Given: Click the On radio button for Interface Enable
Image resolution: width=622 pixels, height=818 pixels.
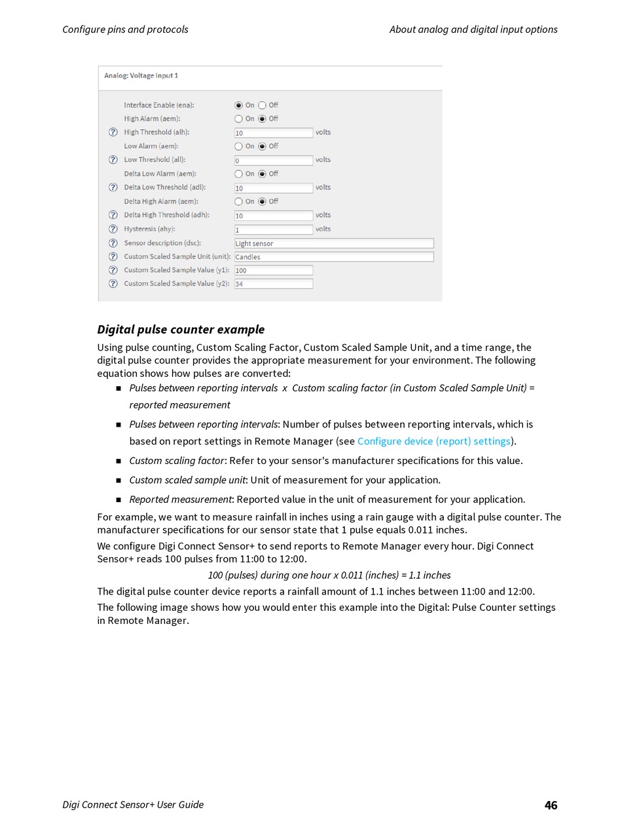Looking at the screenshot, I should (x=238, y=105).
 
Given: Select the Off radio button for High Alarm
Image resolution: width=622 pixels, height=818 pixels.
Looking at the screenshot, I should (x=262, y=119).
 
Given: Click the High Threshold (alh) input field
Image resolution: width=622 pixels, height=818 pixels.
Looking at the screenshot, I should (x=274, y=132).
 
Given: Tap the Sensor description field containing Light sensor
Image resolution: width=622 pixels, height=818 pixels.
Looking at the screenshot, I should (x=334, y=243).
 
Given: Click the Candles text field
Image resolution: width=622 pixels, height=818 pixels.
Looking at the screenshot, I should (x=334, y=257).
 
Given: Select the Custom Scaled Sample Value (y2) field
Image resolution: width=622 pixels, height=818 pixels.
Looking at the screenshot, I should (x=274, y=284).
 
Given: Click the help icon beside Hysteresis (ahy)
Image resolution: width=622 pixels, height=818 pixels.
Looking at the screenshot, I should (x=113, y=229).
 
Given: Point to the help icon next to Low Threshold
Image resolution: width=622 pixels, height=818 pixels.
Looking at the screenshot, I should (x=113, y=160).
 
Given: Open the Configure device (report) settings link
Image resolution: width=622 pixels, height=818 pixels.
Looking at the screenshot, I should (x=433, y=441).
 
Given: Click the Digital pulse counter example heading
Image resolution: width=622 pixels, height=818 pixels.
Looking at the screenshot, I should (x=181, y=329).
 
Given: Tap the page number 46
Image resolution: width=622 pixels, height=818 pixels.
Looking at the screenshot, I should (x=551, y=805).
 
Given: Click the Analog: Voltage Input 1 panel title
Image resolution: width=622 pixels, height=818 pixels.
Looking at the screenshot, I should (x=141, y=76).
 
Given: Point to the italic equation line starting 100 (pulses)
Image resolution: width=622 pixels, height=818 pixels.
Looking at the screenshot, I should (x=329, y=575).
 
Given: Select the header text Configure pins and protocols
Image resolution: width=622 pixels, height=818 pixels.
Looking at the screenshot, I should (x=125, y=29).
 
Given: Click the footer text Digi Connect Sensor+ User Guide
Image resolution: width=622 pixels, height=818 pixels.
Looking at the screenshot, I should (x=133, y=804).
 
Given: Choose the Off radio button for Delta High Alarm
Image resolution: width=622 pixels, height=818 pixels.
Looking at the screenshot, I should (x=262, y=201).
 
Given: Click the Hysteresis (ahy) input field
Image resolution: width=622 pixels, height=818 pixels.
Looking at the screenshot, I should (x=274, y=229).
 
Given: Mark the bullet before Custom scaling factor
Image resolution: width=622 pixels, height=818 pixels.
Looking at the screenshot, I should (x=119, y=461).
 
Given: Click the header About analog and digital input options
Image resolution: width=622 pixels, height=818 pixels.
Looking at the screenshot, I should (x=473, y=29).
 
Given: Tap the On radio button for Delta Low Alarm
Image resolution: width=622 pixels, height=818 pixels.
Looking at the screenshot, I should (x=238, y=174).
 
